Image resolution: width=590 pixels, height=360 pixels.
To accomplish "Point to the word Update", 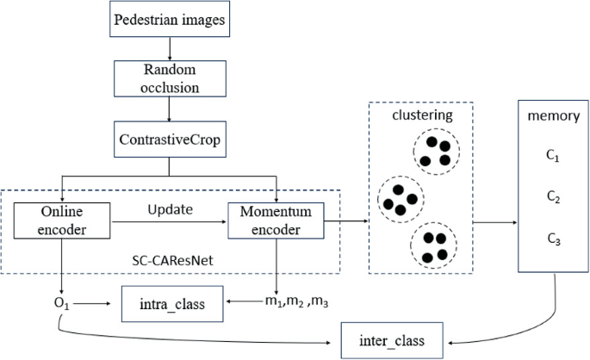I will [169, 210].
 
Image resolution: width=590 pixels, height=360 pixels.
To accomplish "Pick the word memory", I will [553, 115].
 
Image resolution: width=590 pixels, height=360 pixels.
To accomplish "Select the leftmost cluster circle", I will [399, 200].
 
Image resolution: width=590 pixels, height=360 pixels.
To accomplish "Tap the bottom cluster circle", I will [435, 245].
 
